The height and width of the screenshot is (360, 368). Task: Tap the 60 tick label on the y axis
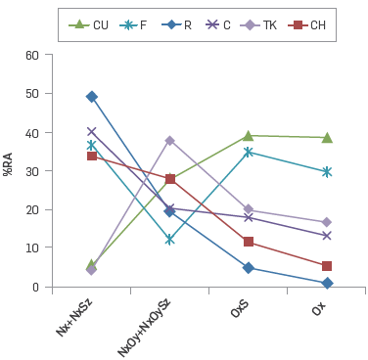[32, 56]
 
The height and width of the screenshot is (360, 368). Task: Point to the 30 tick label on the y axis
[32, 171]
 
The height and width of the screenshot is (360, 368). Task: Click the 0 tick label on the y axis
[35, 287]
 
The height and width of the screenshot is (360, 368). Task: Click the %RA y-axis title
[9, 164]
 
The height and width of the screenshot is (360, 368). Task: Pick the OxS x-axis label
[240, 308]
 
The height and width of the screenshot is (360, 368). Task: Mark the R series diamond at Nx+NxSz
[92, 97]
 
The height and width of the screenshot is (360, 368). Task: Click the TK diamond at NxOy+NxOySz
[170, 141]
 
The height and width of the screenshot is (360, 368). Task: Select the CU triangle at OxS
[249, 136]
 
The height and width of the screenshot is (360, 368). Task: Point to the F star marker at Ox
[327, 172]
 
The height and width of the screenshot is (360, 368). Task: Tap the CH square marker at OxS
[249, 242]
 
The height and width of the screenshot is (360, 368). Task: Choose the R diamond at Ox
[327, 283]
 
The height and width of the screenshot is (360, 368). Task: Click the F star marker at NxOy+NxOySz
[170, 240]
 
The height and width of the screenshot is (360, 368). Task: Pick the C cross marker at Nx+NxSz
[92, 132]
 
